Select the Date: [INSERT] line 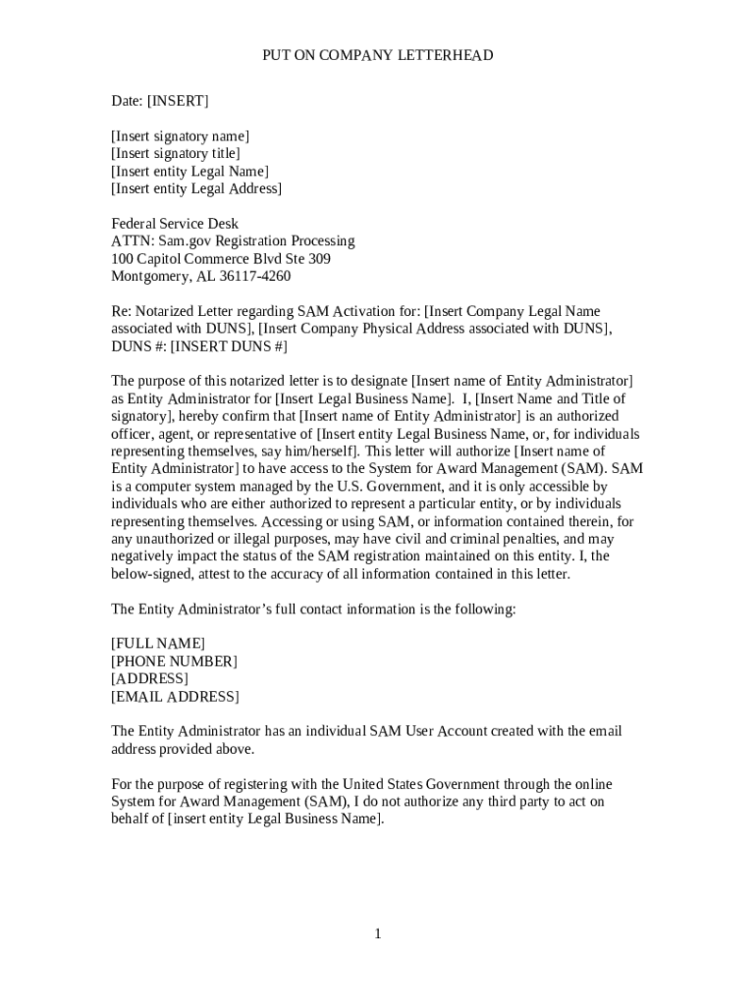pyautogui.click(x=159, y=101)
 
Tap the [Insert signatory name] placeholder pyautogui.click(x=180, y=136)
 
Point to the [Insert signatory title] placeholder pyautogui.click(x=175, y=154)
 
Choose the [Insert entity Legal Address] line pyautogui.click(x=195, y=188)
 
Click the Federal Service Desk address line pyautogui.click(x=174, y=224)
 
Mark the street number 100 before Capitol pyautogui.click(x=121, y=259)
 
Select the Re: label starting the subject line pyautogui.click(x=121, y=312)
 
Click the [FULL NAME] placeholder pyautogui.click(x=158, y=644)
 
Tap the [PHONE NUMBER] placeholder pyautogui.click(x=174, y=661)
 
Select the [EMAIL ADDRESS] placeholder pyautogui.click(x=174, y=697)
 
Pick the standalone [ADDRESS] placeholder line pyautogui.click(x=149, y=679)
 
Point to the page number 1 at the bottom pyautogui.click(x=377, y=933)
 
